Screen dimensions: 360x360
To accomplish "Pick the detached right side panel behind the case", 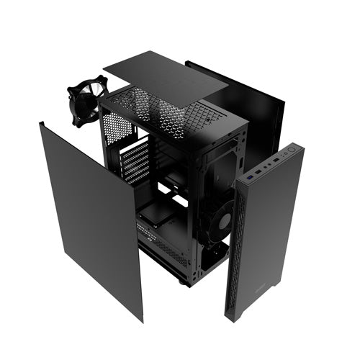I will [x=252, y=108].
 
